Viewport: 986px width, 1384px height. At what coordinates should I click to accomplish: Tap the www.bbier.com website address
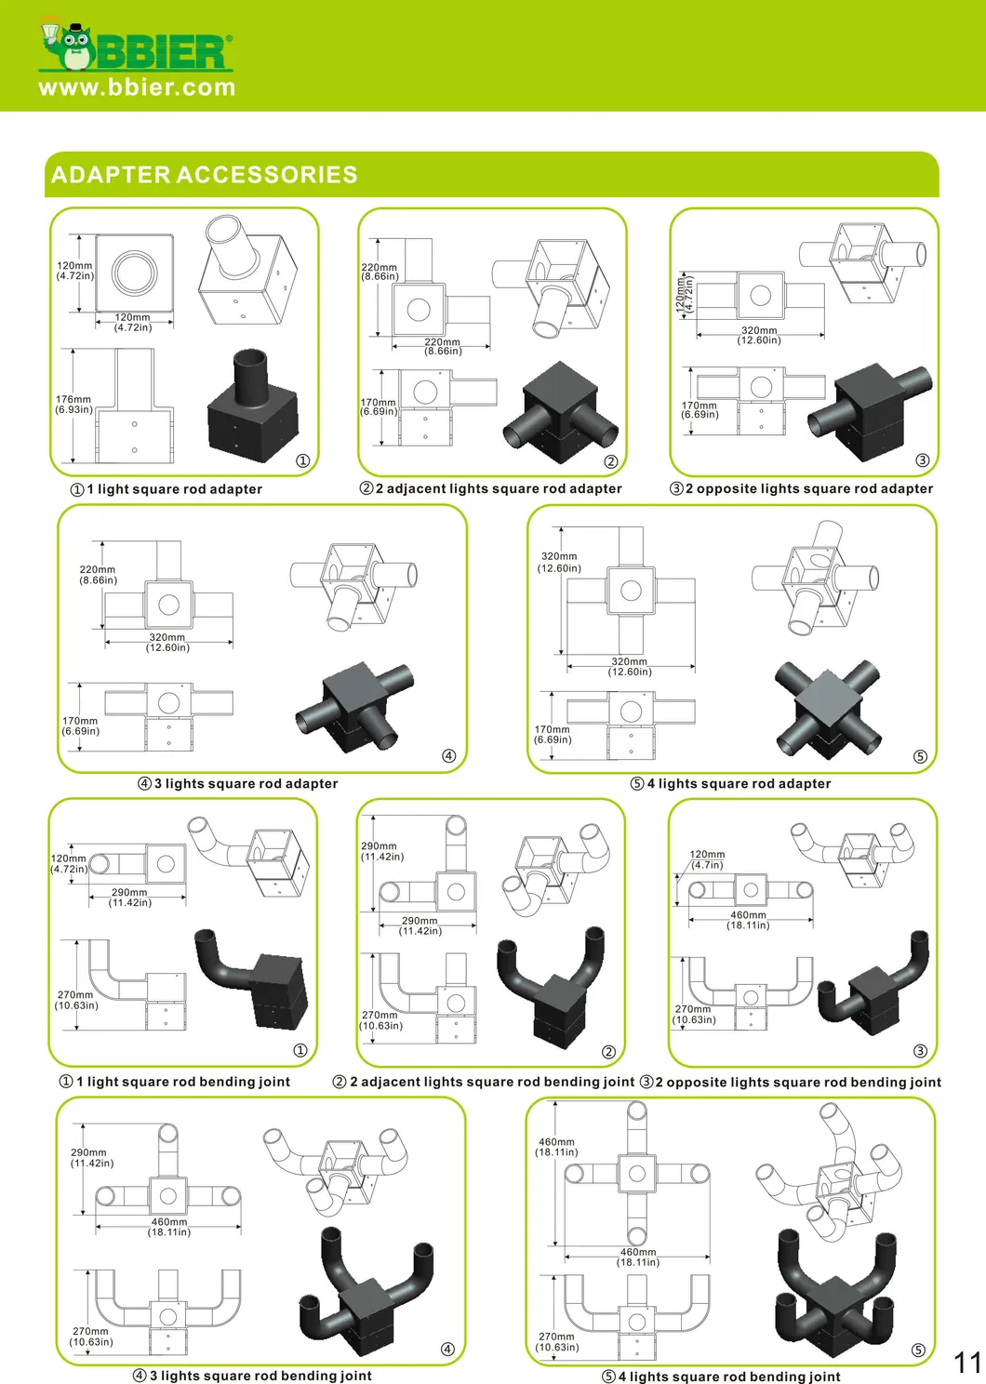(x=137, y=87)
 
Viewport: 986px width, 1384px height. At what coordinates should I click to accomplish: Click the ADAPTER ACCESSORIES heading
(x=205, y=174)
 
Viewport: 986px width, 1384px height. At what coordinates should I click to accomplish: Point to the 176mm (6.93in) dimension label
(x=73, y=404)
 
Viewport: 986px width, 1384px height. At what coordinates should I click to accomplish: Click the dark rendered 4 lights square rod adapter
(x=828, y=710)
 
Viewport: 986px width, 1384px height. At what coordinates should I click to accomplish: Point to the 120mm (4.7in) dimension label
(x=707, y=859)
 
